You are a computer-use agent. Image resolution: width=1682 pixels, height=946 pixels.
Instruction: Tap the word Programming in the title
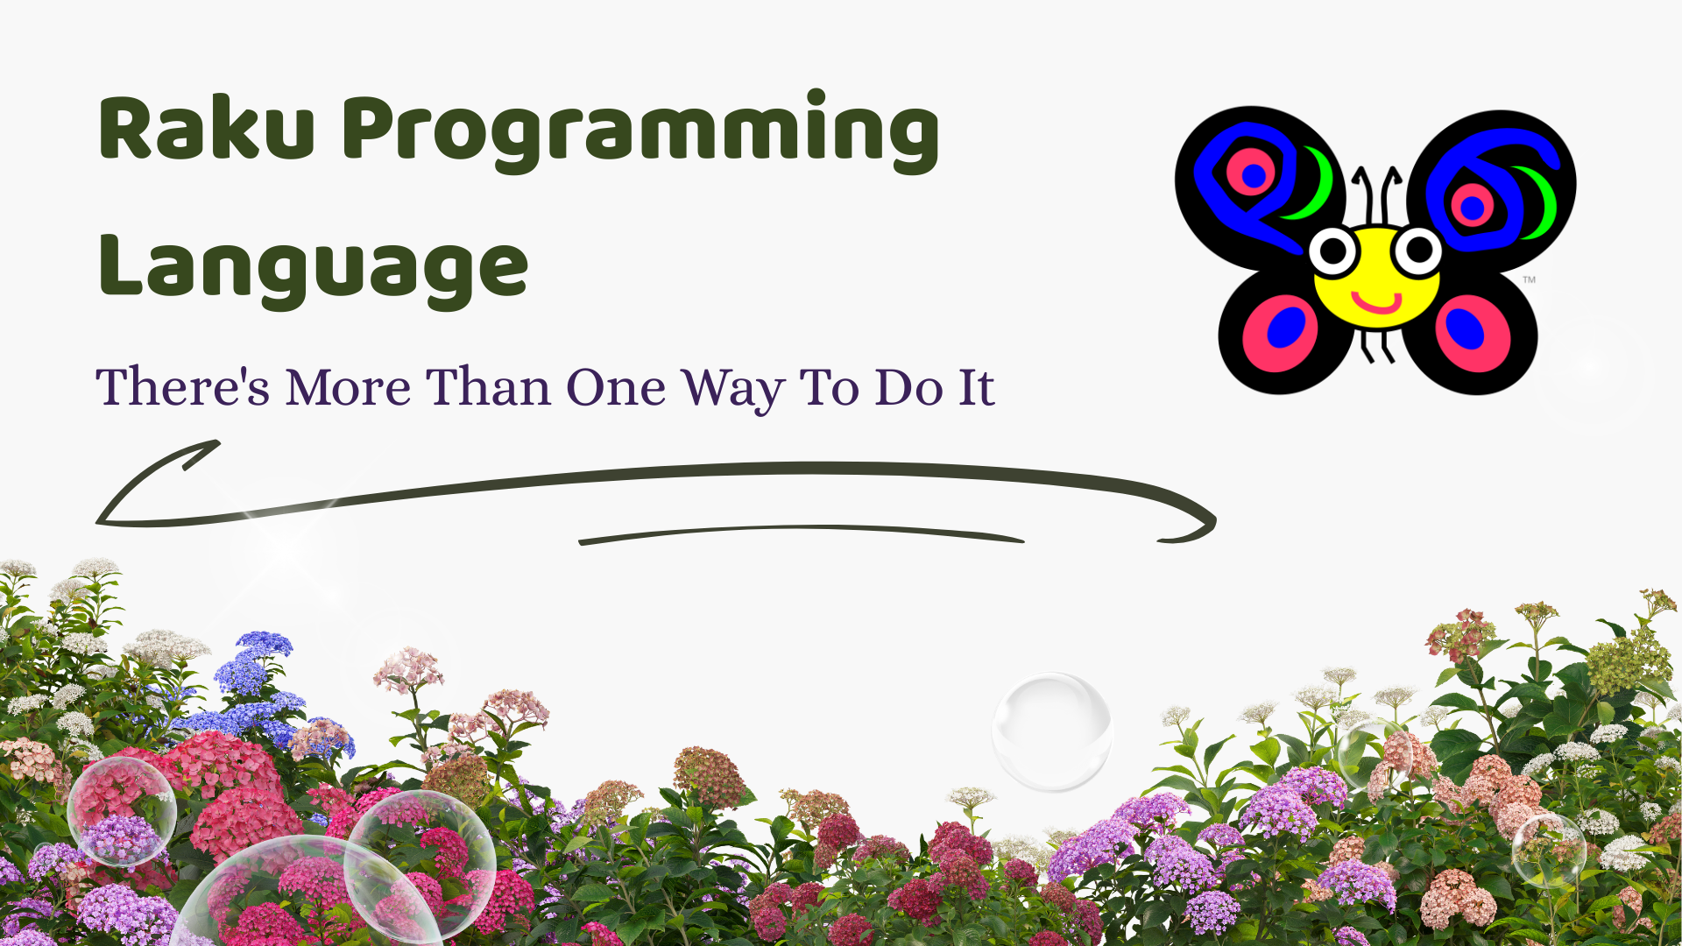click(640, 131)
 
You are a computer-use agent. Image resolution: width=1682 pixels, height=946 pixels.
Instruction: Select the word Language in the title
click(314, 267)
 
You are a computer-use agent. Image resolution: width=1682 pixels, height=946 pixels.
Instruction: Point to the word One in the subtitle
click(615, 387)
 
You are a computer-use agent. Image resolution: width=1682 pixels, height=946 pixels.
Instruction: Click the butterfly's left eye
click(1333, 252)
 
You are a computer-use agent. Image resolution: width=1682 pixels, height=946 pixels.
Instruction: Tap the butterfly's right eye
click(1417, 251)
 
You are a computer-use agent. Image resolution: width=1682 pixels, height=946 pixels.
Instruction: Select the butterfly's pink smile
click(1376, 303)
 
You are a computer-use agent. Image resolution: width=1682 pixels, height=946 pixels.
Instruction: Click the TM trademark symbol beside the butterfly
click(1529, 280)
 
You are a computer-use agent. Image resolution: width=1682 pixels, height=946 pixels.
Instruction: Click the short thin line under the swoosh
click(802, 533)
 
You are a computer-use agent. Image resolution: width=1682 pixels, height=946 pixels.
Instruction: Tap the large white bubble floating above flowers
click(1051, 731)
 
